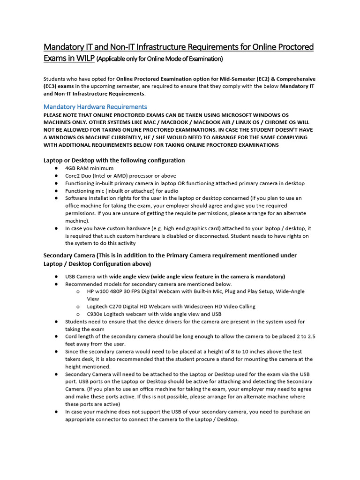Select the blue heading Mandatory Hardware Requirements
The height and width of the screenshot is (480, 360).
[95, 106]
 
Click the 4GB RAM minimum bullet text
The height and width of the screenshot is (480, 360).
[89, 168]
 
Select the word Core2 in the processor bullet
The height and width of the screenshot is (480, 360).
[73, 175]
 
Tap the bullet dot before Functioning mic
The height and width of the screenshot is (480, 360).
[56, 191]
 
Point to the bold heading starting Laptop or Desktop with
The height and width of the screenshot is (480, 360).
[114, 160]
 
